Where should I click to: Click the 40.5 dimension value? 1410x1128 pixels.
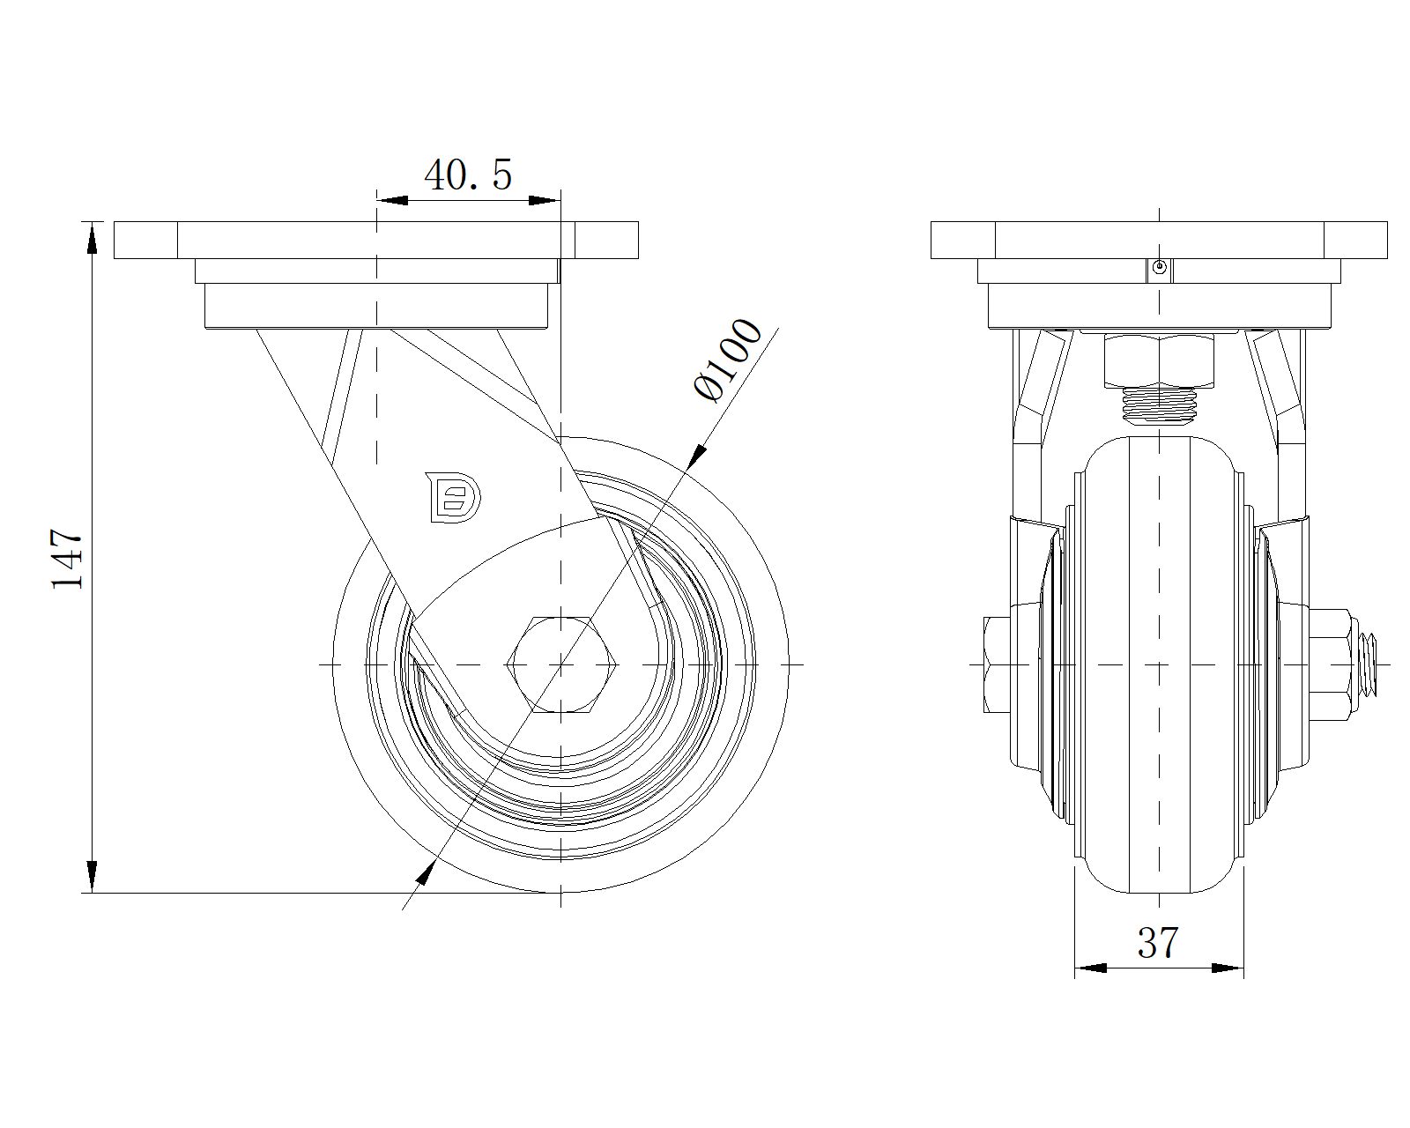click(468, 175)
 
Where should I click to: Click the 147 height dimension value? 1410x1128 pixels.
click(68, 559)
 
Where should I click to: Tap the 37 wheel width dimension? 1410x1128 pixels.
click(1158, 943)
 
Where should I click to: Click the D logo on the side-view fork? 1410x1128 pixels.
click(453, 498)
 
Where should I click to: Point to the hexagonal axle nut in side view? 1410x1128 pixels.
click(561, 664)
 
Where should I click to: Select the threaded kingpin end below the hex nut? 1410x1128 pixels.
click(1159, 405)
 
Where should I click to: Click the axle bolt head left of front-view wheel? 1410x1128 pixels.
click(998, 664)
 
